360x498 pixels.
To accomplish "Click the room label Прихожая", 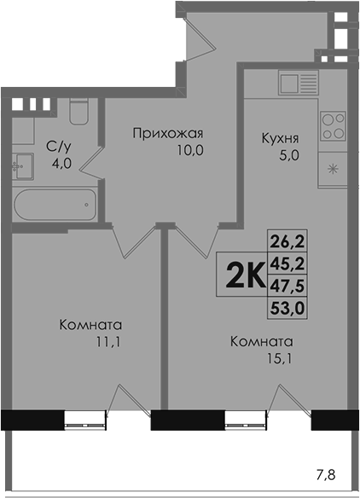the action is pos(167,133).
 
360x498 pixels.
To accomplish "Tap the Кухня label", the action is pos(280,138).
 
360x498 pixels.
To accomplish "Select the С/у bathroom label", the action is pos(59,147).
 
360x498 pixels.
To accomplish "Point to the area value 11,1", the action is pos(108,342).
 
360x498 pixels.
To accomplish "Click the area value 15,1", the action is pos(280,359).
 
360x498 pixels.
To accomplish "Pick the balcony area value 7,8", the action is pos(326,476).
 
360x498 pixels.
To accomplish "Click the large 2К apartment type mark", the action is pos(245,275).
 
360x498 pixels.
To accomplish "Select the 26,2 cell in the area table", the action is pos(287,241).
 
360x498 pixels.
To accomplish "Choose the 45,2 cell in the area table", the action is pos(287,263).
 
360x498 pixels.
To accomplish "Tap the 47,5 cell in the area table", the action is pos(287,286).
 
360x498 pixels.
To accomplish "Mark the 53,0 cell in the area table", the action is pos(287,308).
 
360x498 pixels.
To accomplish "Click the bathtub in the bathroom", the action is pos(55,205).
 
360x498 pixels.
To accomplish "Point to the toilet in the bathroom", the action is pos(78,111).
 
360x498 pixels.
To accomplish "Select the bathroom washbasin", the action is pos(23,166).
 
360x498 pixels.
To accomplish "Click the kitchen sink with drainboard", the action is pos(299,83).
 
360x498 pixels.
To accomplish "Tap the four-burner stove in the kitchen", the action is pos(333,126).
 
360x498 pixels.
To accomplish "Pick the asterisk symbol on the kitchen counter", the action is pos(333,170).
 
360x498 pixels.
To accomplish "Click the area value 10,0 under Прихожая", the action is pos(190,150).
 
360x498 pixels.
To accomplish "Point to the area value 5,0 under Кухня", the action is pos(289,155).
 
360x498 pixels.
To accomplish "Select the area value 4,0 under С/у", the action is pos(62,164).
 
